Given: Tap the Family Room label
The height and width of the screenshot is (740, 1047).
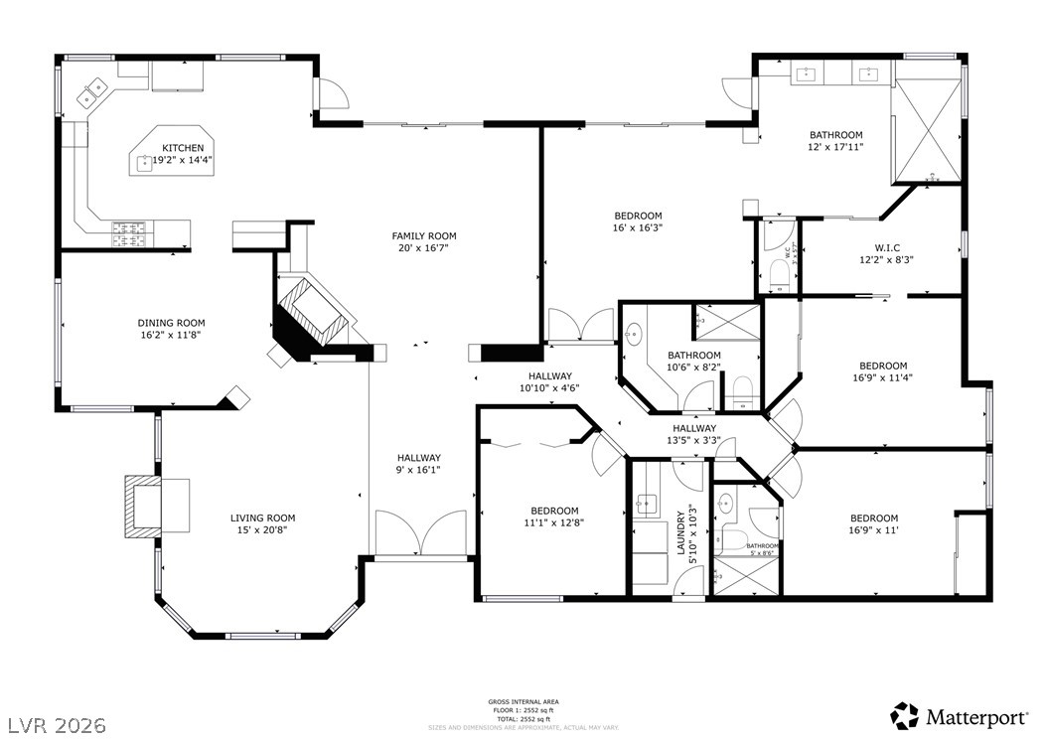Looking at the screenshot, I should click(x=424, y=235).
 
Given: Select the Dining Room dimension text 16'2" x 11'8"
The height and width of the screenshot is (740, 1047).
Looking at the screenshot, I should click(x=171, y=336).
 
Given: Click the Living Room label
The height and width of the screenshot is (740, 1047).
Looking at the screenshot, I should click(x=263, y=518).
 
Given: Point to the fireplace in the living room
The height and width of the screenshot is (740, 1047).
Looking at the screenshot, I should click(x=142, y=506).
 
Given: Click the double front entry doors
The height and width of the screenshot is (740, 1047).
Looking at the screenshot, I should click(x=421, y=533).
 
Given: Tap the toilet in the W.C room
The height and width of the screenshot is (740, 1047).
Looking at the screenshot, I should click(x=779, y=273).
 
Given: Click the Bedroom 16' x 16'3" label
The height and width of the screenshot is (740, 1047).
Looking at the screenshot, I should click(x=638, y=221).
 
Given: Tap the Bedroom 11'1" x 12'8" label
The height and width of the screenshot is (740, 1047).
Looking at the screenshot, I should click(x=554, y=517).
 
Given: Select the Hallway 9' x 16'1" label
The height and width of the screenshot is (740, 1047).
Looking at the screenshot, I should click(x=420, y=464).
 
